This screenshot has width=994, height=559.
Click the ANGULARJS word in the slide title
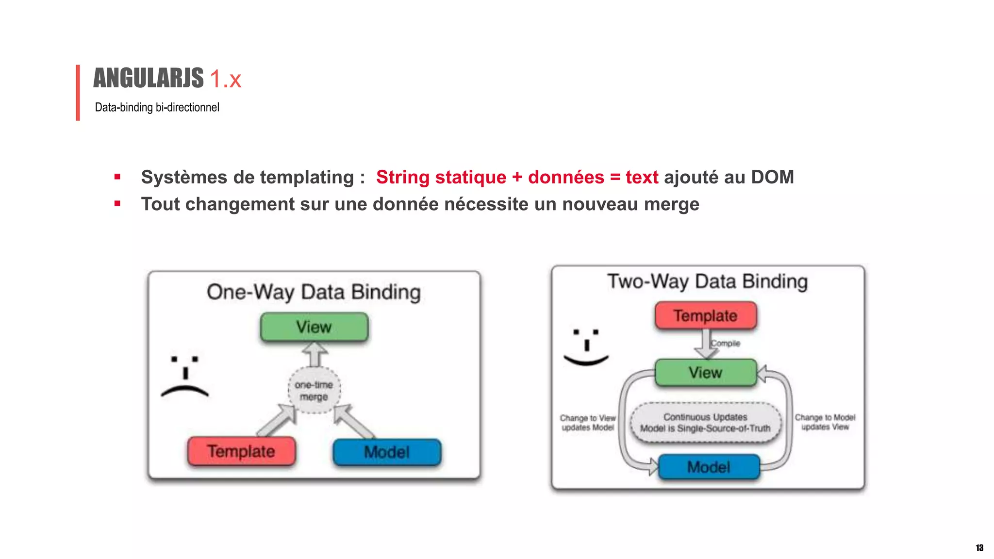(x=148, y=78)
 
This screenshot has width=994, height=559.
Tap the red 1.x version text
(x=225, y=79)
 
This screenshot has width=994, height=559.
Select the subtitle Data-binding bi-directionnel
(x=157, y=107)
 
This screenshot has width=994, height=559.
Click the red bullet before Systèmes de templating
(x=117, y=177)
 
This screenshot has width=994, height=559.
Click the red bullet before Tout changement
(x=117, y=204)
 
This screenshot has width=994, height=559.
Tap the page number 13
(x=979, y=548)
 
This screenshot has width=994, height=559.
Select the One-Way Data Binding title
(x=314, y=292)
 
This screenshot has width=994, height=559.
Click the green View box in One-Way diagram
(x=314, y=327)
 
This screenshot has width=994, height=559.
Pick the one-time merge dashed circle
(x=314, y=391)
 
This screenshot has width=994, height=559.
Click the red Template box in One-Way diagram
(x=241, y=451)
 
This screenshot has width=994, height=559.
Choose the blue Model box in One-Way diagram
(x=387, y=452)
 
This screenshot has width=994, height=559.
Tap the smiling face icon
(x=586, y=347)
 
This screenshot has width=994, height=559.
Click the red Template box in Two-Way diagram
(x=705, y=316)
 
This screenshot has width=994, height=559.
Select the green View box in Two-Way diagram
(x=705, y=373)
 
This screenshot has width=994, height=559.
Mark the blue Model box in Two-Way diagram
(x=709, y=467)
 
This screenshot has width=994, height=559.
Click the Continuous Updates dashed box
(x=705, y=423)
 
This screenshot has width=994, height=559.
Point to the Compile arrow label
(x=726, y=343)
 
